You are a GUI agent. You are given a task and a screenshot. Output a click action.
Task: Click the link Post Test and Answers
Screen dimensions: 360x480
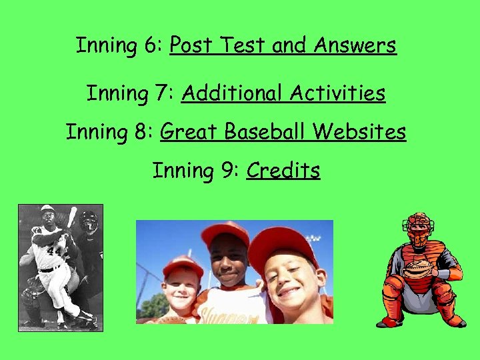pyautogui.click(x=283, y=45)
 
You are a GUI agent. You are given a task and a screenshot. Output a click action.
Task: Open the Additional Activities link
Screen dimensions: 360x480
pyautogui.click(x=283, y=93)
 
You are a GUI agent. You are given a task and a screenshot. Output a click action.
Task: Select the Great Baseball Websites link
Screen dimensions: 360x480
pyautogui.click(x=283, y=131)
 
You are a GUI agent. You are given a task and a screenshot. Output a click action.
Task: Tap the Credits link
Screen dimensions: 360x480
pyautogui.click(x=283, y=171)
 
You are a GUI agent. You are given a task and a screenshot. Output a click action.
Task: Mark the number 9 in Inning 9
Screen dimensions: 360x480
pyautogui.click(x=228, y=171)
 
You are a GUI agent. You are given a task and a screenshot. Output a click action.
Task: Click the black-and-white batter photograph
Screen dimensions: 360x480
pyautogui.click(x=60, y=267)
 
